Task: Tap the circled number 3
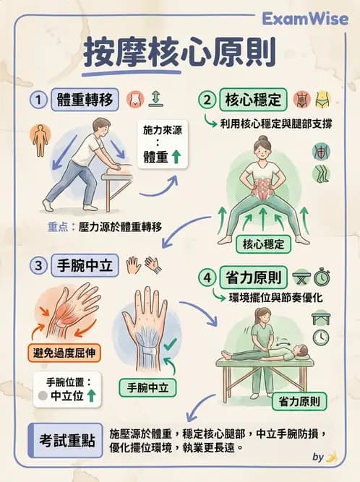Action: pyautogui.click(x=37, y=265)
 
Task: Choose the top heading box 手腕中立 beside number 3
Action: pyautogui.click(x=84, y=265)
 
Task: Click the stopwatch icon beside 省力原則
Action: pyautogui.click(x=322, y=277)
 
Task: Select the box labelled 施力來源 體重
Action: pyautogui.click(x=161, y=144)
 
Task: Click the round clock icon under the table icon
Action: pyautogui.click(x=320, y=337)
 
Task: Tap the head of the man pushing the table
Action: pyautogui.click(x=102, y=127)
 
